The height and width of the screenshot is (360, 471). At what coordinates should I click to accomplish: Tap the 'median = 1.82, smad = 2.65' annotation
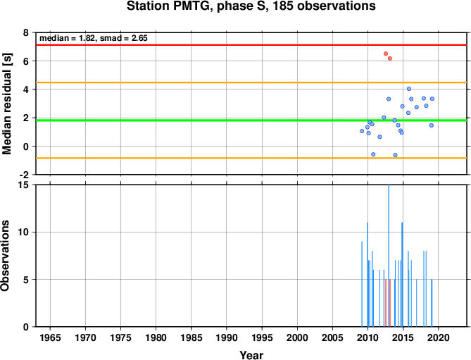(94, 38)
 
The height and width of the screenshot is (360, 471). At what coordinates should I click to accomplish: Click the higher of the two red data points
(386, 54)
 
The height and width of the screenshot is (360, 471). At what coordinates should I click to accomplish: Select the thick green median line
(251, 120)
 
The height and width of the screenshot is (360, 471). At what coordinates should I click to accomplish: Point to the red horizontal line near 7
(251, 45)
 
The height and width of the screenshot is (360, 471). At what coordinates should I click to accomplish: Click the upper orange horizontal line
(251, 82)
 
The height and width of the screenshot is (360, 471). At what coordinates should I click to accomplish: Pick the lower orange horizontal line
(251, 158)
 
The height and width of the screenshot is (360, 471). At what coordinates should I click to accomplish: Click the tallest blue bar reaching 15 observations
(389, 256)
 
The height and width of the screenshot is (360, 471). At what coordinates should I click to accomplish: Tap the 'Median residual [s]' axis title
(6, 104)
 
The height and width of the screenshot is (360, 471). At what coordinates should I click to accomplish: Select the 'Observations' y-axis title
(5, 256)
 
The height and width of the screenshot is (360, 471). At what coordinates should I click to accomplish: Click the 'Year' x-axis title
(251, 355)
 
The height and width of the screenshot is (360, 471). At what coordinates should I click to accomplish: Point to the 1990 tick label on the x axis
(227, 337)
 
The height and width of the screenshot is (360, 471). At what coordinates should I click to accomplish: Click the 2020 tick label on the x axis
(439, 337)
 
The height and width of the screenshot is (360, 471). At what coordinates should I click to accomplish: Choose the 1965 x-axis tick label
(50, 337)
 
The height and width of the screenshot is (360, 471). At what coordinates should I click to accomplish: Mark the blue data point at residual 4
(409, 89)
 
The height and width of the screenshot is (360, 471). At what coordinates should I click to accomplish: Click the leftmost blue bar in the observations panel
(362, 285)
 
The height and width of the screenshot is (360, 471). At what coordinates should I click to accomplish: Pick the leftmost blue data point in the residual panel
(362, 131)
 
